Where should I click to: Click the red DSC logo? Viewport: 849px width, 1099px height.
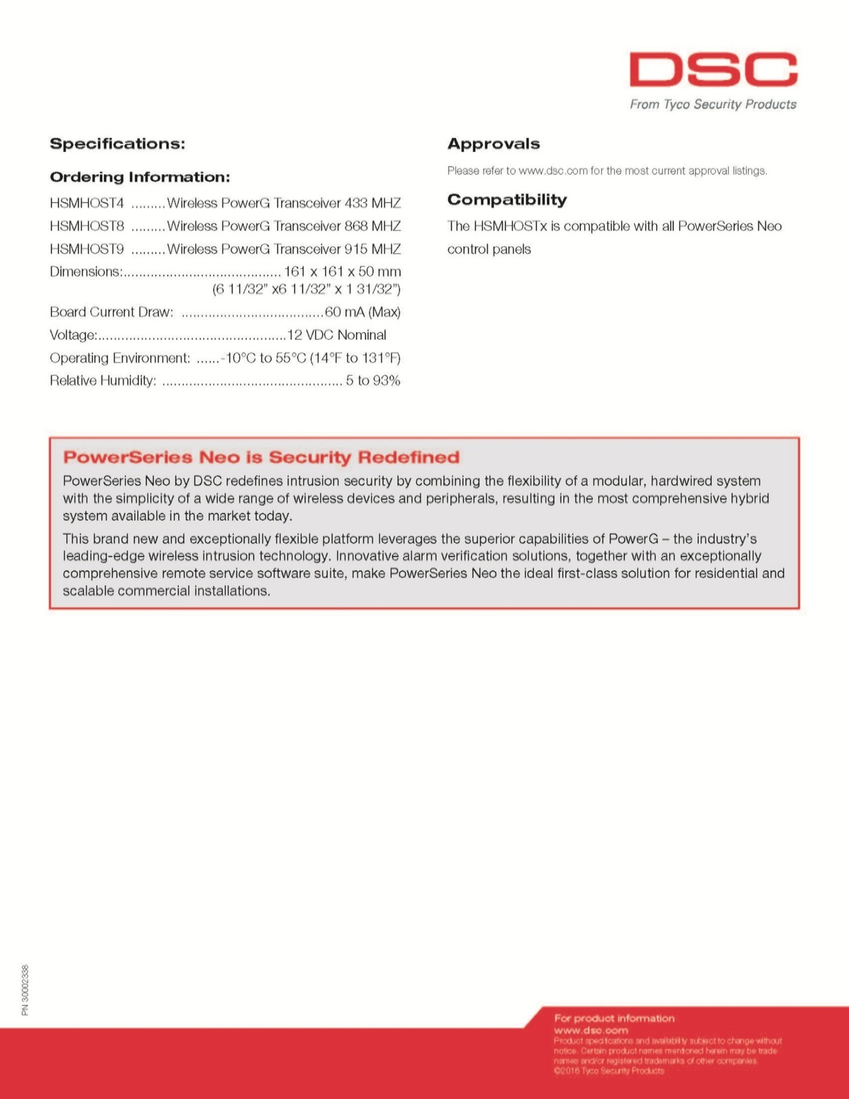pyautogui.click(x=713, y=69)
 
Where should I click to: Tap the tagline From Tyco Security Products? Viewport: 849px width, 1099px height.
pyautogui.click(x=713, y=104)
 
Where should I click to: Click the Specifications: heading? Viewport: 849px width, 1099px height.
pyautogui.click(x=117, y=144)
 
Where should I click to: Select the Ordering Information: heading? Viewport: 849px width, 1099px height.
pyautogui.click(x=139, y=177)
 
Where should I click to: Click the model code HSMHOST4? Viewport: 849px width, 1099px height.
pyautogui.click(x=87, y=203)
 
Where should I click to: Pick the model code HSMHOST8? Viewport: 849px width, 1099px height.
pyautogui.click(x=87, y=226)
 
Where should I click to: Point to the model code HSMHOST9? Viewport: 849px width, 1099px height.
pyautogui.click(x=87, y=249)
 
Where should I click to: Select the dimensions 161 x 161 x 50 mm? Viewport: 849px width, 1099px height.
pyautogui.click(x=342, y=271)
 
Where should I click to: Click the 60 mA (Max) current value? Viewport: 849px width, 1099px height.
pyautogui.click(x=362, y=312)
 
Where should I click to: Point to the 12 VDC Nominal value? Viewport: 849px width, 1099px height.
pyautogui.click(x=337, y=335)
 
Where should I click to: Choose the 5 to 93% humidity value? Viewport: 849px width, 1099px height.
pyautogui.click(x=372, y=381)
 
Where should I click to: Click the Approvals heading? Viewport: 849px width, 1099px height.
pyautogui.click(x=493, y=144)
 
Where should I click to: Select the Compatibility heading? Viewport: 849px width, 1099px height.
pyautogui.click(x=507, y=200)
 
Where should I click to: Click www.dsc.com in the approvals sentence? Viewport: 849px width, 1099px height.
pyautogui.click(x=553, y=171)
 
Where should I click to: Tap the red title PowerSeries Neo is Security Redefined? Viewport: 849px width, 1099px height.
pyautogui.click(x=261, y=457)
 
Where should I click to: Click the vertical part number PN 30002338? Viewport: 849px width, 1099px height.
pyautogui.click(x=25, y=990)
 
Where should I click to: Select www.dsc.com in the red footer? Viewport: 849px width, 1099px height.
pyautogui.click(x=591, y=1030)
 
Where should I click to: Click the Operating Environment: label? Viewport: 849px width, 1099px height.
pyautogui.click(x=120, y=358)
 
